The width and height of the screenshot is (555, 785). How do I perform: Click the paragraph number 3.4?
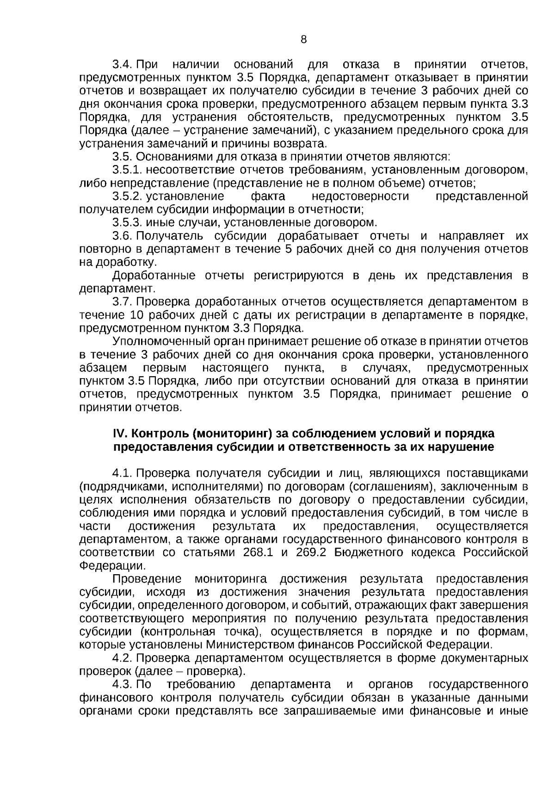(123, 64)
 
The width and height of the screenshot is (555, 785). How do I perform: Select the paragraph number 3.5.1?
(128, 170)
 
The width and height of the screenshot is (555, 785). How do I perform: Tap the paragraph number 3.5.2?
(128, 196)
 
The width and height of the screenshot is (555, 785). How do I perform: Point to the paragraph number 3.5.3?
(128, 223)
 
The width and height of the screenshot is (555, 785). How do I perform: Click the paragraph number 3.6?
(123, 236)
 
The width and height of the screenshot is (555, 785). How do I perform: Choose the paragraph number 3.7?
(123, 302)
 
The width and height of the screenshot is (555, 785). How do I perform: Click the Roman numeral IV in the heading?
(119, 434)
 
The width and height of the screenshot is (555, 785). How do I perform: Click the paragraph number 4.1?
(123, 473)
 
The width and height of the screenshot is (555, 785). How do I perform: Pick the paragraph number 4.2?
(123, 657)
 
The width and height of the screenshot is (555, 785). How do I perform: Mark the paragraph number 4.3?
(123, 684)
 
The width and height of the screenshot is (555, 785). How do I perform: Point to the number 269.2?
(311, 552)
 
